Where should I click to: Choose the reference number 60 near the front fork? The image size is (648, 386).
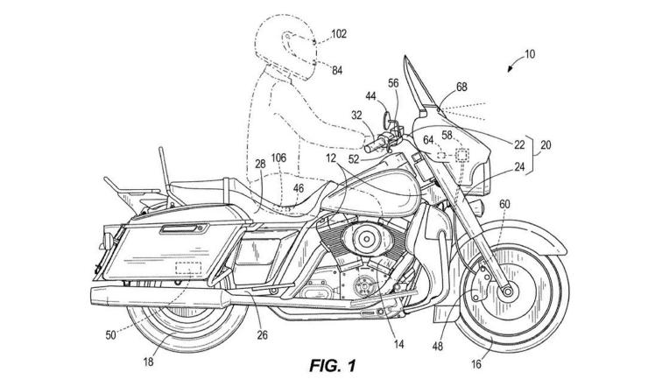(x=504, y=205)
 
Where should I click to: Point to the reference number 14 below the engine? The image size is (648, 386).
(x=398, y=344)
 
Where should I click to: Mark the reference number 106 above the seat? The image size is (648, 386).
(x=279, y=158)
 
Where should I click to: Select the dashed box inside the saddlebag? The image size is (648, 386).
(x=188, y=268)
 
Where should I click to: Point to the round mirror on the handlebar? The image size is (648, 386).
(x=385, y=114)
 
